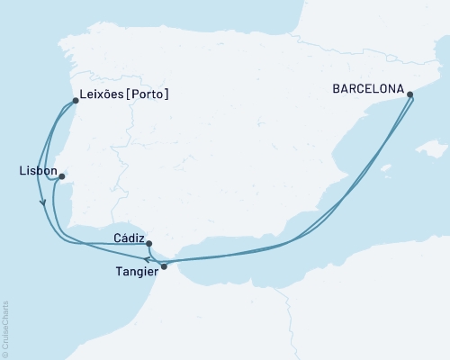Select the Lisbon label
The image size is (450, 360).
pos(37,170)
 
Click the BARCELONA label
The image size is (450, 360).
pos(367,89)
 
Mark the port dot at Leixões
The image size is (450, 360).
pos(75,101)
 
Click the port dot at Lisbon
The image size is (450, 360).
pos(61,177)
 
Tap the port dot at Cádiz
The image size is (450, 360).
pos(148,243)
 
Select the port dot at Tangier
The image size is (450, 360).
pos(164,266)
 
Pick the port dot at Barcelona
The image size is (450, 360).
pos(410,94)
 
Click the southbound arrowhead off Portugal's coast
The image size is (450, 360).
pos(42,202)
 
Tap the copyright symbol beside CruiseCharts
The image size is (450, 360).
pos(5,354)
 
